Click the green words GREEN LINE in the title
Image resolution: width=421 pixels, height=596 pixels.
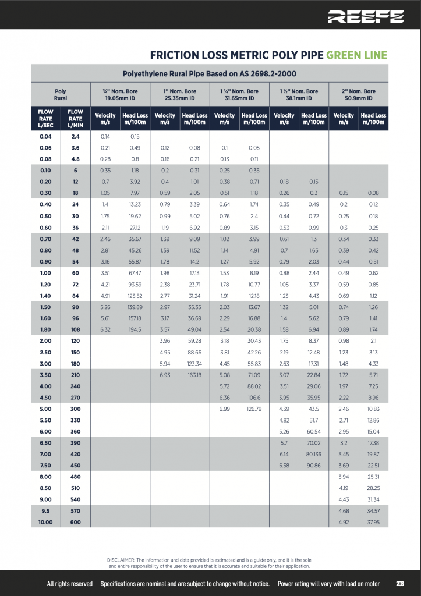pos(356,55)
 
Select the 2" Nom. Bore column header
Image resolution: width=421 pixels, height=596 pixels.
pos(358,95)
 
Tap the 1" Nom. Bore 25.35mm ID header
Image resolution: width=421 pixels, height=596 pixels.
pos(179,95)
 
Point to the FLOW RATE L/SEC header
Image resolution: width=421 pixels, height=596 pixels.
pos(45,119)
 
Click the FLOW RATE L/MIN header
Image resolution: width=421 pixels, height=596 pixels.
pos(75,119)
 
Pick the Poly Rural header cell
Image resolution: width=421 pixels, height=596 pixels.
pos(61,95)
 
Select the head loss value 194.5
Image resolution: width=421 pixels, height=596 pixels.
pos(135,329)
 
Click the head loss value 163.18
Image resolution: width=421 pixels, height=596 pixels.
pos(194,375)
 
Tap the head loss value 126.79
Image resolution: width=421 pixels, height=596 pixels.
pos(254,409)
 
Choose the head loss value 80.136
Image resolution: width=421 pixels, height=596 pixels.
pos(313,453)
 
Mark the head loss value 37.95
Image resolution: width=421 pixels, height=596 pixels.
pos(373,522)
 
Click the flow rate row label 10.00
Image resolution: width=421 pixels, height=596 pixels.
pos(45,522)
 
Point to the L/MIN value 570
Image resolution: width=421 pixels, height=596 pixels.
pos(75,510)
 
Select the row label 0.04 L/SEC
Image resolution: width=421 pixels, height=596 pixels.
pos(45,136)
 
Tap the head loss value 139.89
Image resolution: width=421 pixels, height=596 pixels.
pos(135,306)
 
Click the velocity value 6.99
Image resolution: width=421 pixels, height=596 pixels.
pos(224,409)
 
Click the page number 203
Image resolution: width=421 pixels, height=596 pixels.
pos(400,584)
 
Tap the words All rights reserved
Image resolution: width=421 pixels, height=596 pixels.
pos(69,584)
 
